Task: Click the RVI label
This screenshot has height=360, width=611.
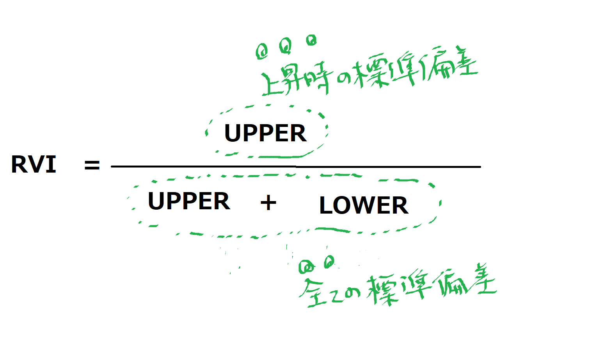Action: [x=34, y=164]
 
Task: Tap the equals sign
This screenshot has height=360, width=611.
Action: [x=92, y=165]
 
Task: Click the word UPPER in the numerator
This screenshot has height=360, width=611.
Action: [x=265, y=133]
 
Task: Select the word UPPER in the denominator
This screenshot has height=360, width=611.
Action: [x=189, y=201]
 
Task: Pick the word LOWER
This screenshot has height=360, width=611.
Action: [x=364, y=205]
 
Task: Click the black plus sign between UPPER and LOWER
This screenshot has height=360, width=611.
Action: [x=268, y=203]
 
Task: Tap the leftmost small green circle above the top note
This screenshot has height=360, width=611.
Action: [x=262, y=52]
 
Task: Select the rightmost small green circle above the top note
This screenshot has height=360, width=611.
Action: [x=311, y=40]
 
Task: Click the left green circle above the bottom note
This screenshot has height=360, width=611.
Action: [x=307, y=267]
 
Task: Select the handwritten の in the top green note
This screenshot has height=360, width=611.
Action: [x=344, y=78]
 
